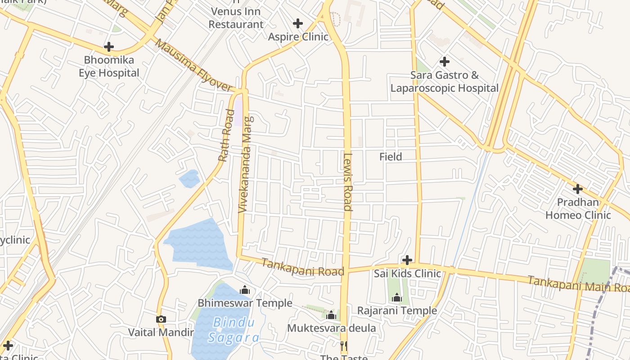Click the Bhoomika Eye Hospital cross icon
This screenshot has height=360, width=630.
tap(108, 47)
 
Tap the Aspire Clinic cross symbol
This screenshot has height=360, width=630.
tap(297, 23)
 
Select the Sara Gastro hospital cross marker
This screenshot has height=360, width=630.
tap(445, 62)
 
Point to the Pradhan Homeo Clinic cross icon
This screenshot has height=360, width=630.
tap(578, 189)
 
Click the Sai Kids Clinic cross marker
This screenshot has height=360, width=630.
tap(407, 260)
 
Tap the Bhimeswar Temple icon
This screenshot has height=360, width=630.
tap(245, 290)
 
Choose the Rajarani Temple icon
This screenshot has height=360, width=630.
tap(397, 297)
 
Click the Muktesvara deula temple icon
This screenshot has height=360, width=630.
tap(332, 315)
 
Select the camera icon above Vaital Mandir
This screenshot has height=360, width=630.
tap(161, 319)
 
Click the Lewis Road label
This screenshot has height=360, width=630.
tap(347, 182)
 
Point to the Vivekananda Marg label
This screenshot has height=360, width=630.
tap(246, 164)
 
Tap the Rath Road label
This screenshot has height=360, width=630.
tap(227, 135)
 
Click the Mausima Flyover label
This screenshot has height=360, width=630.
tap(194, 66)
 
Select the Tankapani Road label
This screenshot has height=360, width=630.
tap(302, 268)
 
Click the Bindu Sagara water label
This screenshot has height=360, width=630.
tap(234, 330)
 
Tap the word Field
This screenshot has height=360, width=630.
tap(391, 157)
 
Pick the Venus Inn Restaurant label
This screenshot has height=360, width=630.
tap(236, 18)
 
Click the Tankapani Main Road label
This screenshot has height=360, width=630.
tap(578, 283)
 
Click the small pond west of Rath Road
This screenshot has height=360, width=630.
tap(189, 179)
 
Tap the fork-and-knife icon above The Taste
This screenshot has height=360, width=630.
tap(343, 346)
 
